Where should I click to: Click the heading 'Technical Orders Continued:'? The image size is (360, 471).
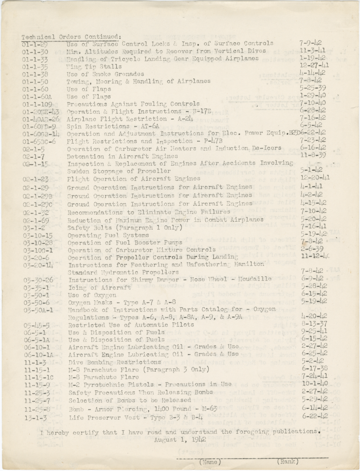[x=71, y=36]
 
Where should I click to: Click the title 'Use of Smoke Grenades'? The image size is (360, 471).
[x=105, y=74]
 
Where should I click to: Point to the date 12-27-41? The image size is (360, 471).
[x=314, y=66]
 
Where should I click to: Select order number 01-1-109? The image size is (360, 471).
[x=37, y=104]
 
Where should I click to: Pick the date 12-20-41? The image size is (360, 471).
[x=314, y=178]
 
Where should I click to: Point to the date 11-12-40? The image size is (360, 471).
[x=315, y=256]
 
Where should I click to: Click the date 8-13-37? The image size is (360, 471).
[x=314, y=324]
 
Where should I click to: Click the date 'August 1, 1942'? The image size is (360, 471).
[x=180, y=440]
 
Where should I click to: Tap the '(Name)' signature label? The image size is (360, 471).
[x=210, y=461]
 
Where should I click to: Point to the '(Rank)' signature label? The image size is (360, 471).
[x=287, y=461]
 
